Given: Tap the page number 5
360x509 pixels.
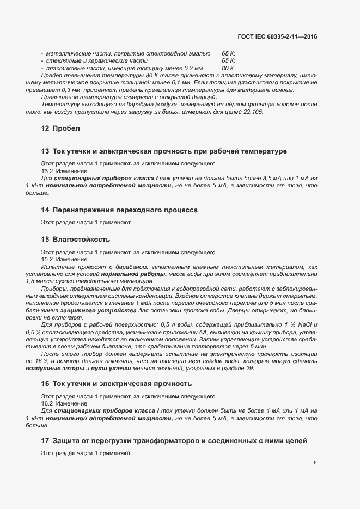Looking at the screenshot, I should point(315,463).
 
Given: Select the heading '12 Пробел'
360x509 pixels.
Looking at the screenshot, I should point(60,128).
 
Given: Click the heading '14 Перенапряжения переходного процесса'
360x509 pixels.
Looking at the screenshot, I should point(119,210).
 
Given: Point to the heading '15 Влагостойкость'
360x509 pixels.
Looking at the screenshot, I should point(76,240).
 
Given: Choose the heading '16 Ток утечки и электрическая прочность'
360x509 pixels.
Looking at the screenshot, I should point(116,384).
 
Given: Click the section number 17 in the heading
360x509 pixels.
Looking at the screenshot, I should point(46,440).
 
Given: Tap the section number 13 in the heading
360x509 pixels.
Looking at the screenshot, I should point(46,151).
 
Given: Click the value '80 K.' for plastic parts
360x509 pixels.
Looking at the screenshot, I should point(229,68).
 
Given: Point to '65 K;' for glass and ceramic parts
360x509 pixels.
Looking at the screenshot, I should point(229,61).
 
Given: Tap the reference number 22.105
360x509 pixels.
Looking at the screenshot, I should point(253,112).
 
